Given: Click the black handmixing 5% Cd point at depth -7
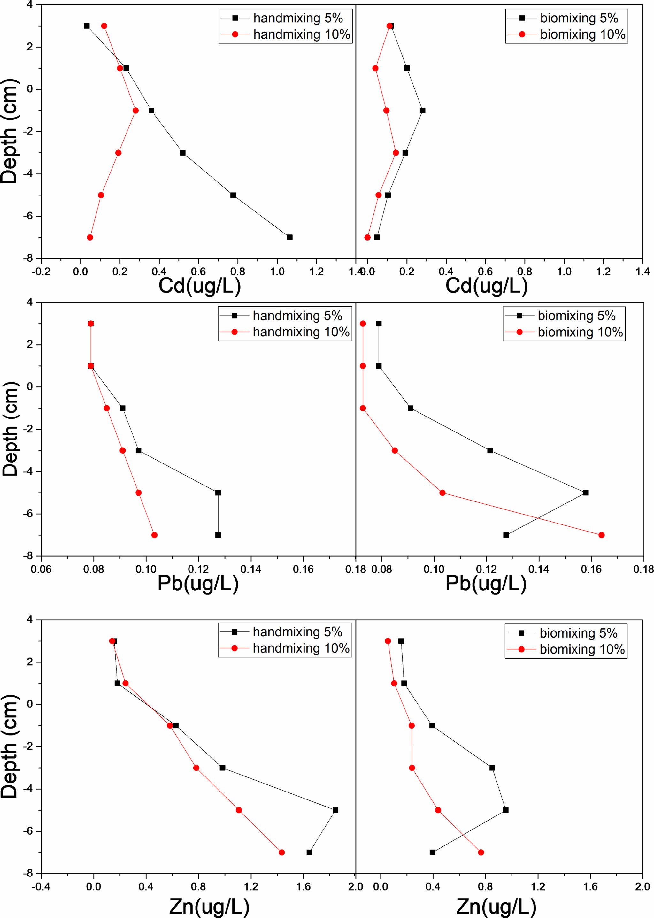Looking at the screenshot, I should [289, 237].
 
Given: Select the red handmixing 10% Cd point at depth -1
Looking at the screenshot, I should [136, 110].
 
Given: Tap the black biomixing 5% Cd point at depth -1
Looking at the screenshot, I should [422, 110].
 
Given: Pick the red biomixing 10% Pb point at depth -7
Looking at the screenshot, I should [601, 535].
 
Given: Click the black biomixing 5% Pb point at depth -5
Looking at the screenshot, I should [586, 493].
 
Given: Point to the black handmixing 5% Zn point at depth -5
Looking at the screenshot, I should [335, 810].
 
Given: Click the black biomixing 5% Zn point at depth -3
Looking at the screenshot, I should [492, 768].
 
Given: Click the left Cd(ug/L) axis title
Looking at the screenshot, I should [199, 286].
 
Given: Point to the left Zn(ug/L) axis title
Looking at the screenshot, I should [209, 906].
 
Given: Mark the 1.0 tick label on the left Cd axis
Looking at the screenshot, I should [277, 272].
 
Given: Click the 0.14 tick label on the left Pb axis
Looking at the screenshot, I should [250, 569].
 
